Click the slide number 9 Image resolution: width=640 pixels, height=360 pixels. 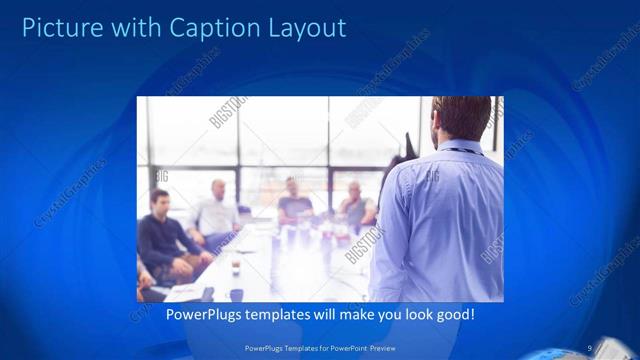click(x=590, y=347)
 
